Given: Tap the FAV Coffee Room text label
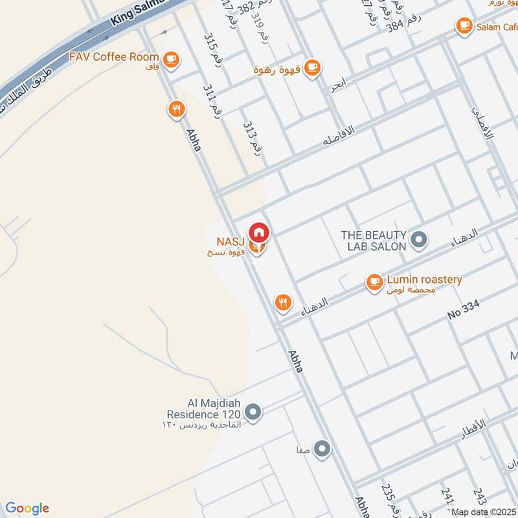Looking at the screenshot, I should (114, 57).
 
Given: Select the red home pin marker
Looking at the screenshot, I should (259, 232).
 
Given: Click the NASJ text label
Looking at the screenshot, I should (230, 242).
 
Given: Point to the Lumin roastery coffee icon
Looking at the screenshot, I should (374, 281).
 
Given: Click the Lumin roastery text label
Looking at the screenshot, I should (424, 280).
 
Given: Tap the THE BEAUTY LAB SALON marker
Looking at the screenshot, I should (419, 240).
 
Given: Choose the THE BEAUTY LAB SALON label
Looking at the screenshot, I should (374, 240).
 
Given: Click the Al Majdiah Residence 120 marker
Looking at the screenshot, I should (254, 411).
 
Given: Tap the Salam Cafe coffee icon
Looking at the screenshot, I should (464, 26).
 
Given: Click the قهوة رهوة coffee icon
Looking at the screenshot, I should (312, 67).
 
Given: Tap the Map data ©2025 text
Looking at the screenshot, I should (484, 512).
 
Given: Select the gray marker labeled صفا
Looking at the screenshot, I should (322, 448).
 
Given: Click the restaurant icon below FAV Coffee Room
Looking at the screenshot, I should (175, 109).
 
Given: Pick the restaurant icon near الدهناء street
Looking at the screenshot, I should (282, 302).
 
